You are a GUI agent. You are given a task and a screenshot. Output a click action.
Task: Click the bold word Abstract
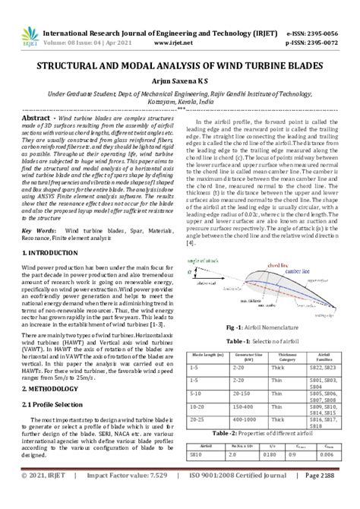coord(36,119)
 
